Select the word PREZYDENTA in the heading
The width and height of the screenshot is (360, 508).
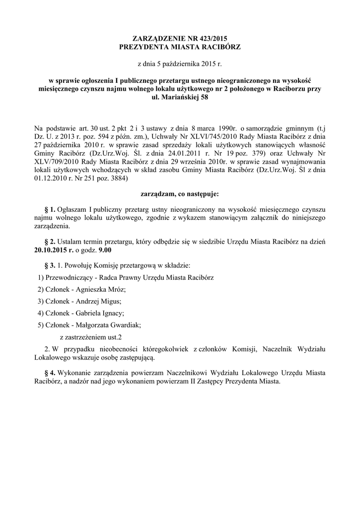[144, 46]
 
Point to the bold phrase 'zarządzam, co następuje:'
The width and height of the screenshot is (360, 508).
[180, 192]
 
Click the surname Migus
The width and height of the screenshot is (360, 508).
[111, 301]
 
